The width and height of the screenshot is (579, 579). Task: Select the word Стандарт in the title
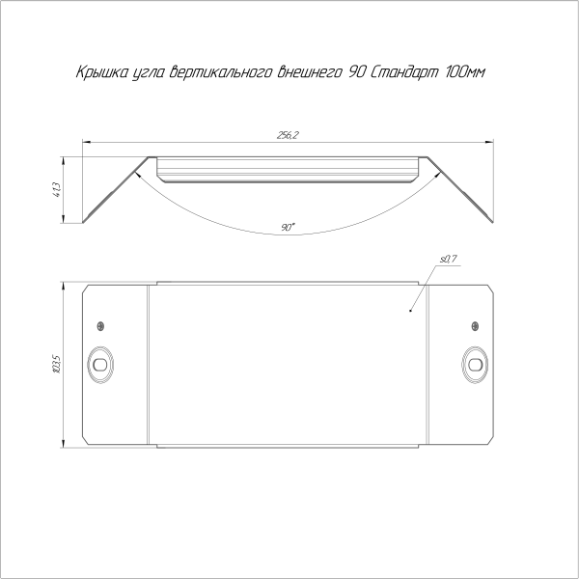(x=403, y=71)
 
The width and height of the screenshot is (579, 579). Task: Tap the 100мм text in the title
(x=465, y=71)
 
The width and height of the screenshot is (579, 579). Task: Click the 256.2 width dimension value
(x=288, y=135)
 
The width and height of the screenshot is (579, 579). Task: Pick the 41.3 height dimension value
(x=57, y=189)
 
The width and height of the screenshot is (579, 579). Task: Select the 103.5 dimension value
(x=57, y=365)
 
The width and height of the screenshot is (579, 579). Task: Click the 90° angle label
(x=288, y=227)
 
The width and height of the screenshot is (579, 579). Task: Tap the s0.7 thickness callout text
(x=449, y=260)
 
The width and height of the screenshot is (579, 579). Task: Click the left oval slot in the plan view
(x=100, y=365)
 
